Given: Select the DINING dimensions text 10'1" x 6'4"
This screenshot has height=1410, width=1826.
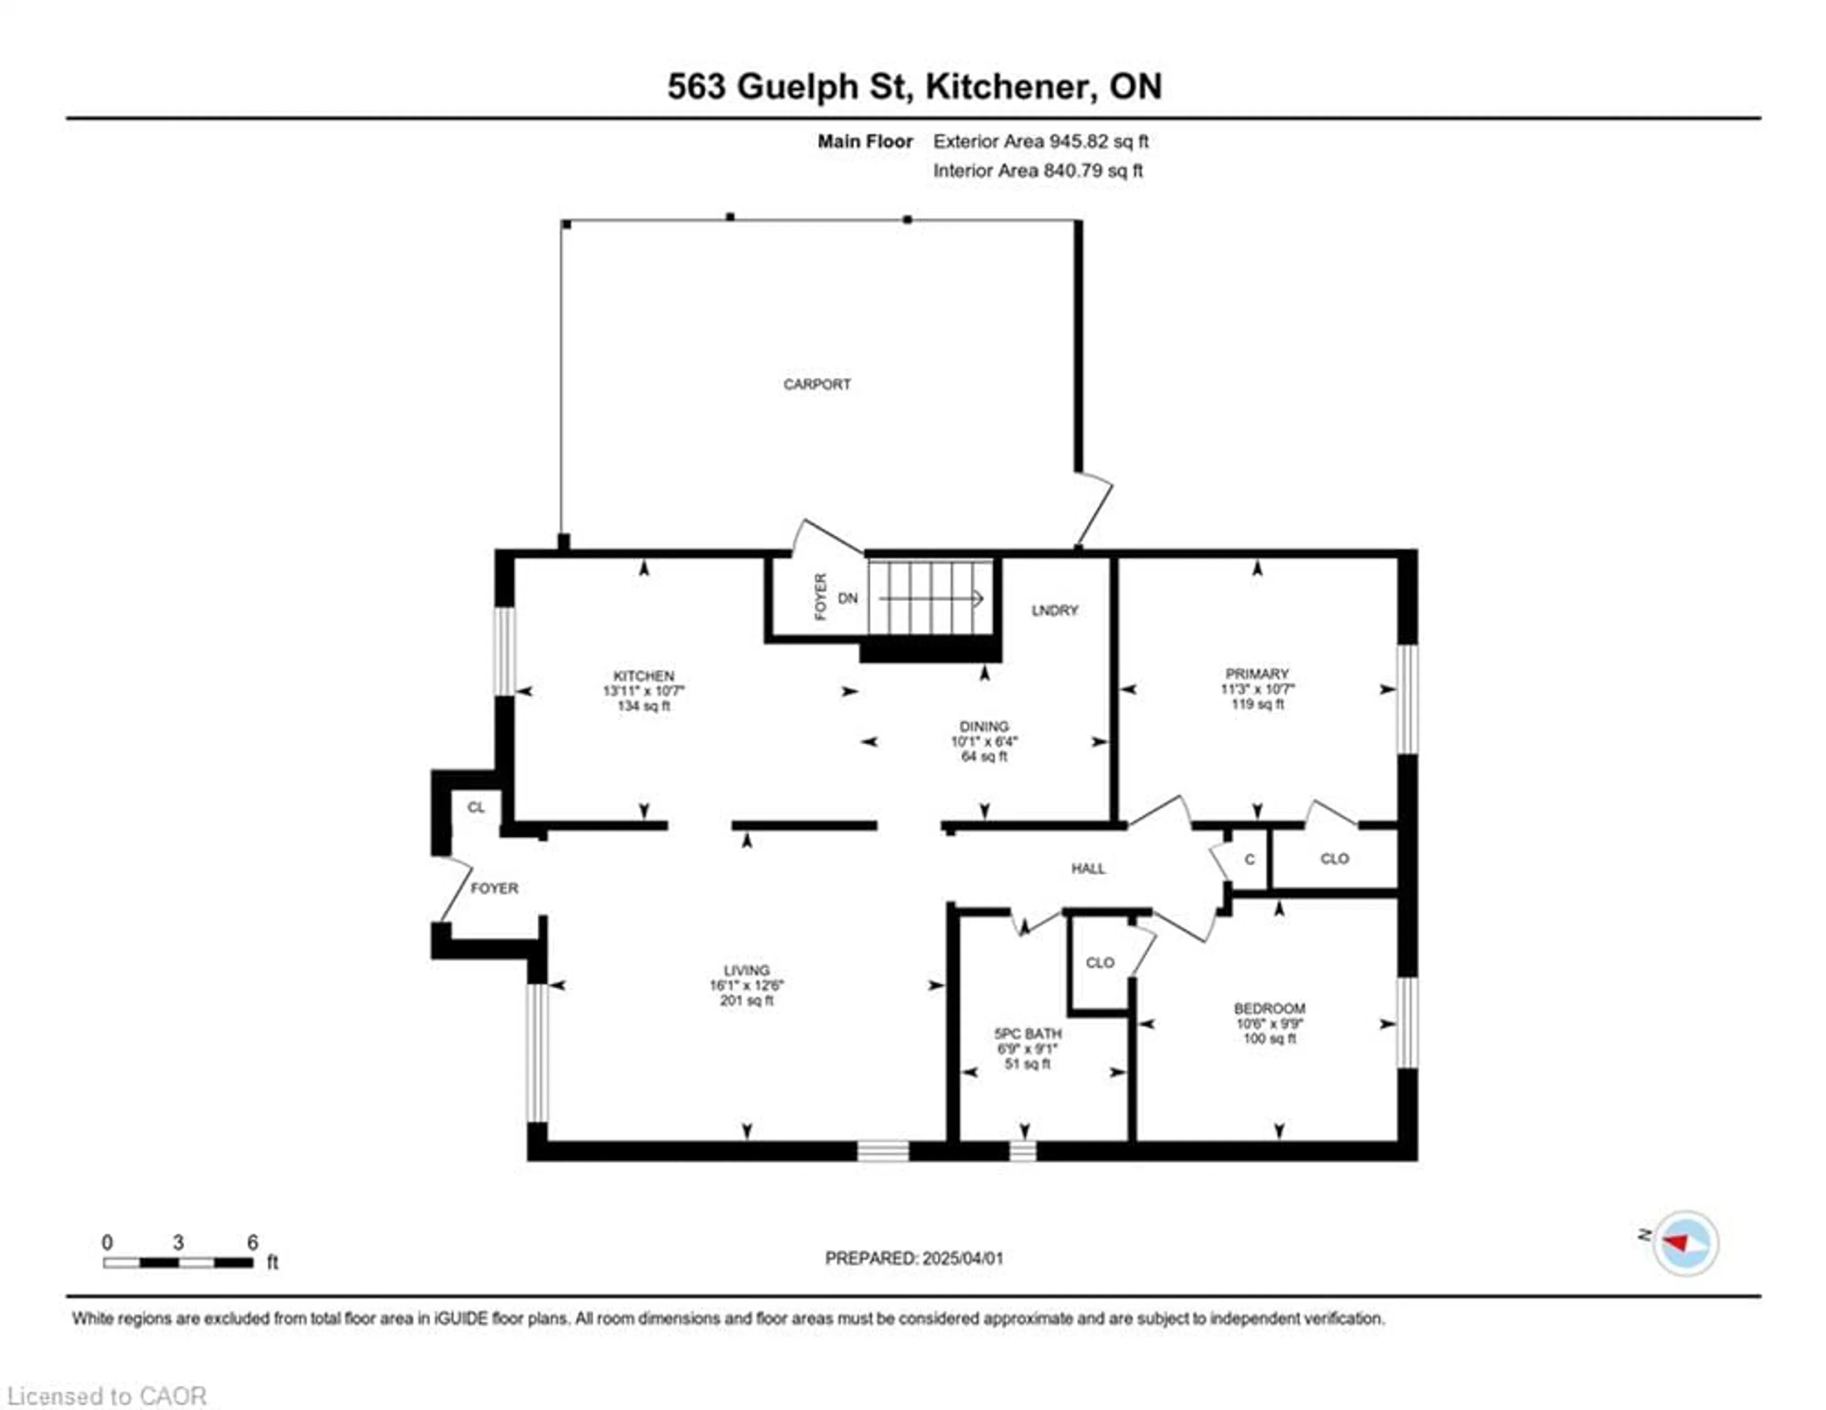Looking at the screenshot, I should tap(983, 742).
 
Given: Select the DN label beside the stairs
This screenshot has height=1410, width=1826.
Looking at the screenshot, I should tap(848, 598).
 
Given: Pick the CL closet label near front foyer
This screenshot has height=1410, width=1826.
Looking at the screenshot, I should tap(476, 807).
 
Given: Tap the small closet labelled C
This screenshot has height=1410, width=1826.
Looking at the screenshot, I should tap(1249, 859).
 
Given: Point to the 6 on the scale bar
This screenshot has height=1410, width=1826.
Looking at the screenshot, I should tap(253, 1243).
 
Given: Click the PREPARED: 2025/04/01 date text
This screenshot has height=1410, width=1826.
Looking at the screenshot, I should tap(914, 1258).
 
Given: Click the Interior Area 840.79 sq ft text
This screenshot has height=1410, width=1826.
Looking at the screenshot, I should tap(1038, 171).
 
